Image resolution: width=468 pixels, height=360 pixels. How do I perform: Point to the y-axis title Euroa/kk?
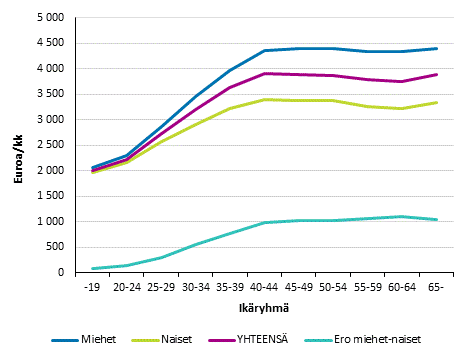15,144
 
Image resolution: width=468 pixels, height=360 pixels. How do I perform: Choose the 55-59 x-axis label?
368,286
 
